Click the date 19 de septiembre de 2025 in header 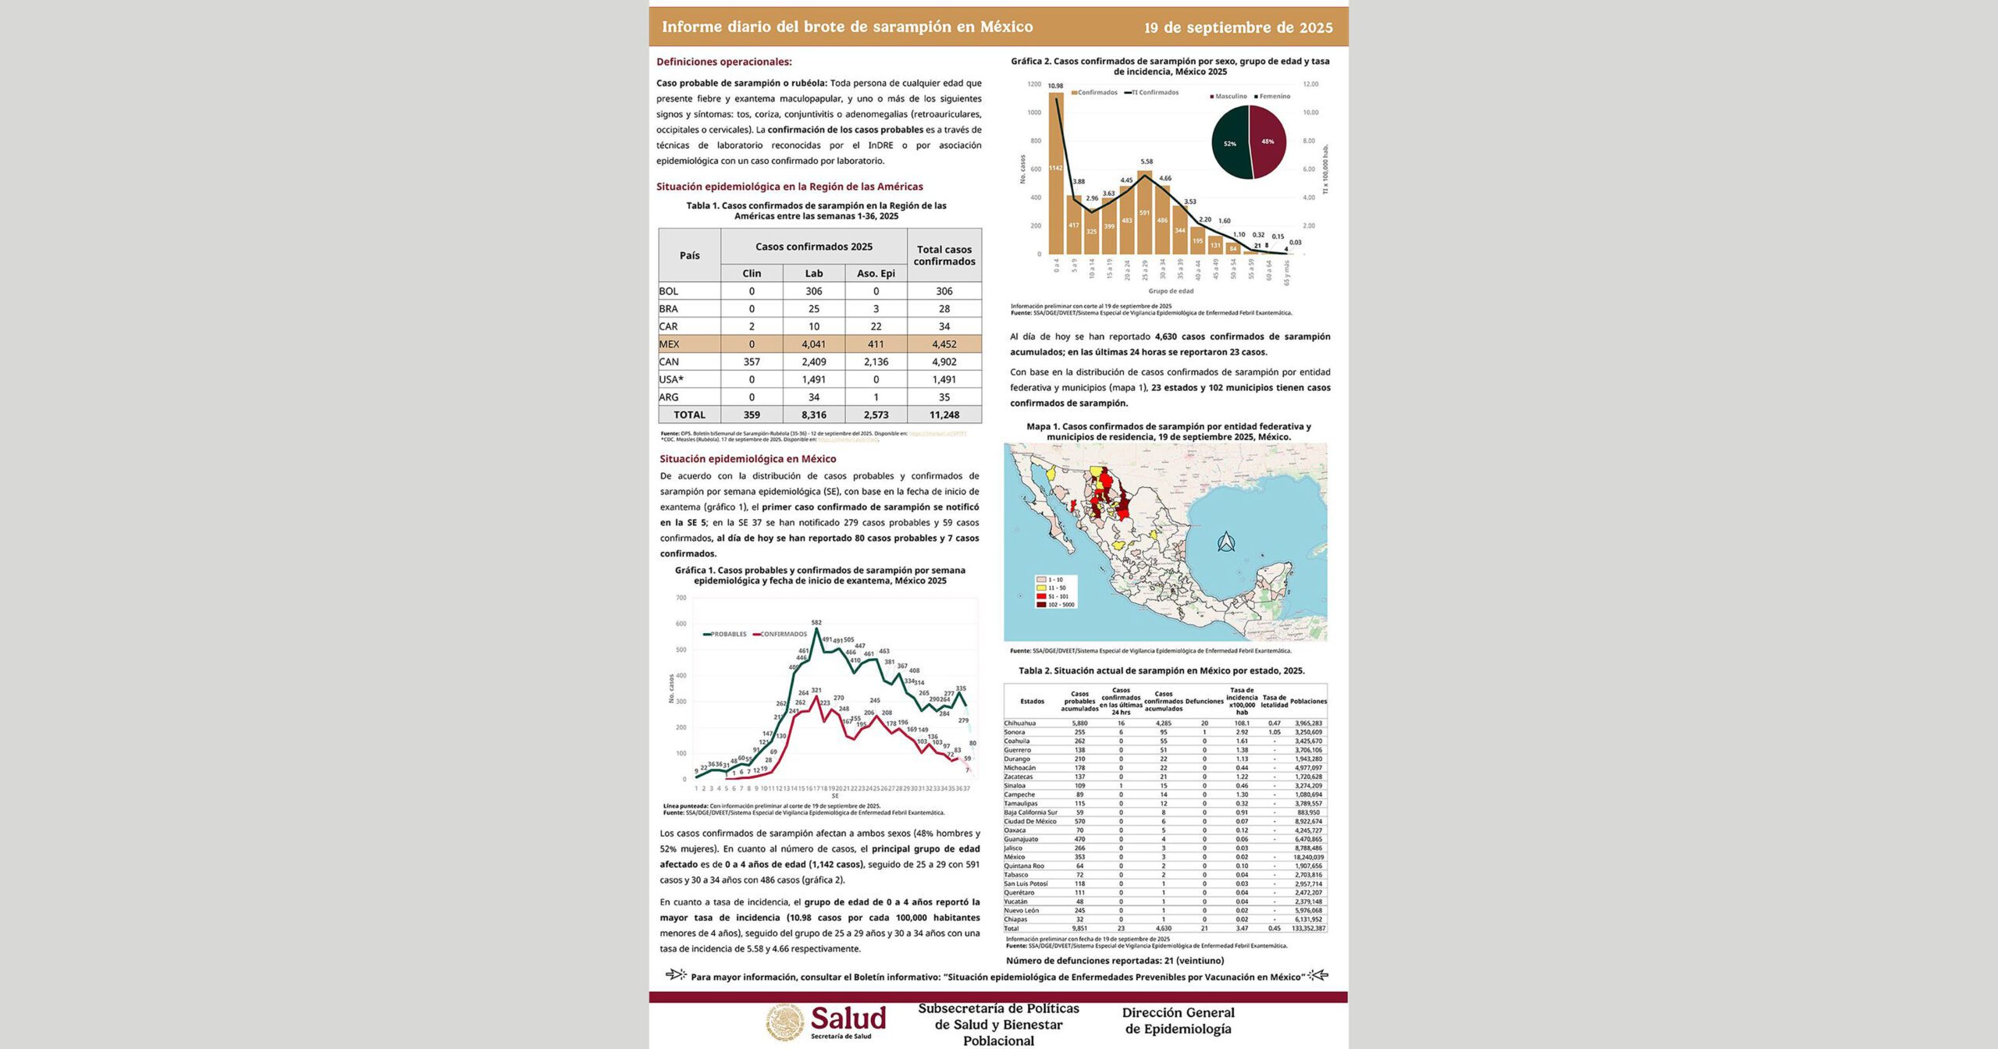coord(1238,28)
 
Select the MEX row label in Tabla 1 coord(670,344)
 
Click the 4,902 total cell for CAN coord(944,362)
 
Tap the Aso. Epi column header coord(876,273)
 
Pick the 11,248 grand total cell coord(944,415)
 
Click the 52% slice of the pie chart coord(1229,144)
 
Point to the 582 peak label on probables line coord(816,623)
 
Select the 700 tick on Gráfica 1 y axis coord(681,598)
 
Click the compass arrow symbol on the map coord(1226,541)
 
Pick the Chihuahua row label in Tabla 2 coord(1019,724)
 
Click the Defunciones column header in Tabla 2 coord(1204,702)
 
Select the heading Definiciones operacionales coord(723,62)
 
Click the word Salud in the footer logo coord(848,1019)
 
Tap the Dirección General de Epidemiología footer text coord(1178,1021)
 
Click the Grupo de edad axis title coord(1171,291)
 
